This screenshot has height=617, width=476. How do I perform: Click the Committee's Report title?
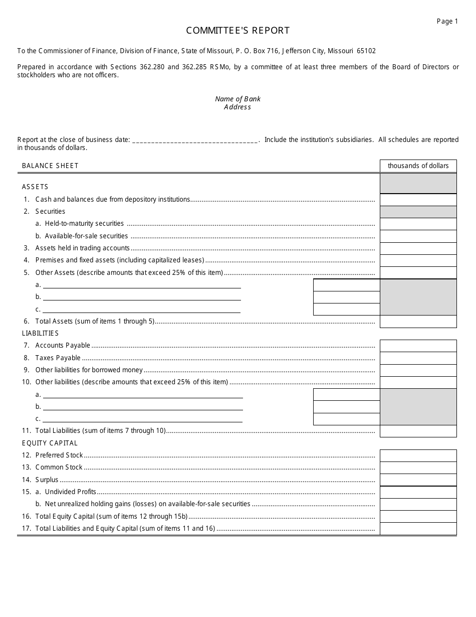coord(237,31)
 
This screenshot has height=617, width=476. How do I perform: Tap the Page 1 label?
coord(447,21)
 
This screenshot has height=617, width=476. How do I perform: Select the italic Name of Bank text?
coord(237,99)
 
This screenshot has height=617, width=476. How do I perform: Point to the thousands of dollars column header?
coord(418,166)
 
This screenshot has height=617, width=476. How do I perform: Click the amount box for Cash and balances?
coord(418,200)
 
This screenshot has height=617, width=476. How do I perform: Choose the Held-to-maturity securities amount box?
coord(418,224)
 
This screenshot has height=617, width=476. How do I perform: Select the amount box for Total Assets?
coord(418,322)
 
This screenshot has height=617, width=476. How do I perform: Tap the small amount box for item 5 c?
coord(346,310)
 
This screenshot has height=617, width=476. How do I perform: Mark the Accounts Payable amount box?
coord(418,346)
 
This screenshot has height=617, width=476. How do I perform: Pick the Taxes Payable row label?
coord(58,358)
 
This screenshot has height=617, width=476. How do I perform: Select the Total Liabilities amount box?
coord(418,431)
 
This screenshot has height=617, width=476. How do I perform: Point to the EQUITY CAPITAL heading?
coord(50,443)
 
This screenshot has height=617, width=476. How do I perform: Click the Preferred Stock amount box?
coord(418,455)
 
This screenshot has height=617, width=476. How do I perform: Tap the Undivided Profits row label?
coord(70,492)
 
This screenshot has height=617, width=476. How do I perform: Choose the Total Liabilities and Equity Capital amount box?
coord(418,529)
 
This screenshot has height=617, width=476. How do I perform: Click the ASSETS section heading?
coord(35,187)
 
